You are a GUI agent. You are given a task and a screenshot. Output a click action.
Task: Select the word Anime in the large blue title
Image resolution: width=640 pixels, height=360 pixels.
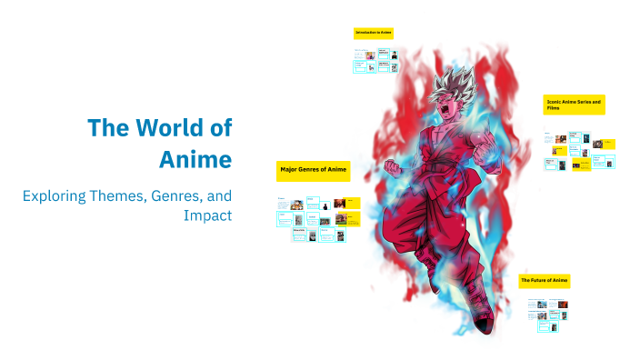point(195,159)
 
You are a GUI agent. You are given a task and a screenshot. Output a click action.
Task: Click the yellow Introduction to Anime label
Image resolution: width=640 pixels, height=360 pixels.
point(373,33)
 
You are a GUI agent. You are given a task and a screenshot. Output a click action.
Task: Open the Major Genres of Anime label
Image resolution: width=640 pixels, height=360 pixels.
point(313,170)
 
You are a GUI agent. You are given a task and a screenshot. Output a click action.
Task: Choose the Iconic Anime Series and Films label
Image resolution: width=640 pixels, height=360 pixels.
point(574,104)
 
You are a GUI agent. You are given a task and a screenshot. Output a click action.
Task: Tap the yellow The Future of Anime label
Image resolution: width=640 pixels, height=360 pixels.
point(544,281)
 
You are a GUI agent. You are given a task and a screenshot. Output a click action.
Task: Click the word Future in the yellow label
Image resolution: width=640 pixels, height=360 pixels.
point(540,281)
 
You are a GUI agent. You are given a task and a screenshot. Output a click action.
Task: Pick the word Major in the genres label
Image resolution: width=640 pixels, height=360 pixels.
point(290,170)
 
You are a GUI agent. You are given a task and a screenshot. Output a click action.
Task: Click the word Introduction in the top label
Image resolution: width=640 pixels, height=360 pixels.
point(366,33)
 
